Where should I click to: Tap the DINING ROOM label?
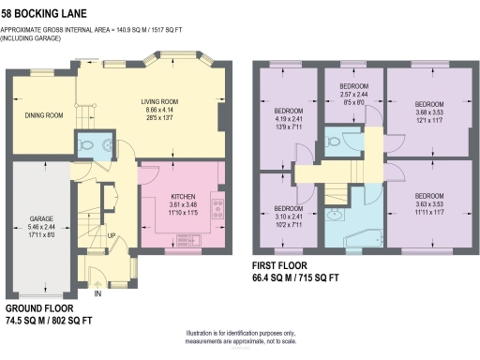(x=43, y=115)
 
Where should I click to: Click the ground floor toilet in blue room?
(x=89, y=145)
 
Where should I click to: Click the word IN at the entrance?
(x=97, y=293)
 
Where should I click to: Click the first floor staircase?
(x=338, y=194)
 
